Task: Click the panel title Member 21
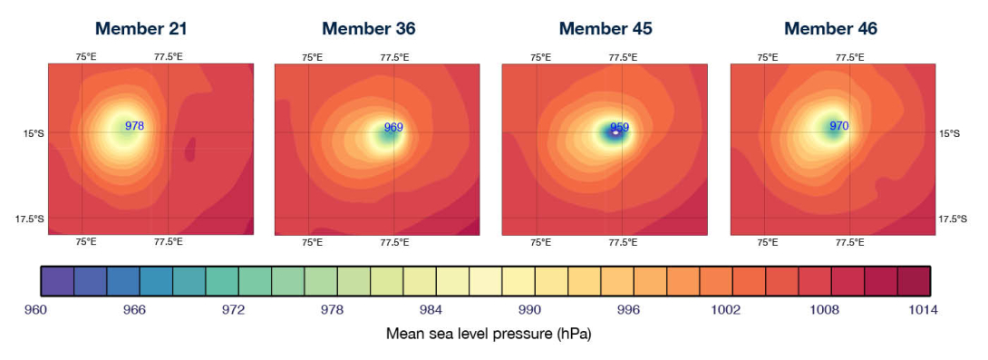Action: tap(141, 28)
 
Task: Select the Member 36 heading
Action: tap(369, 28)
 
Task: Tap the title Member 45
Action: tap(605, 28)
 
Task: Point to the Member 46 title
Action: tap(830, 28)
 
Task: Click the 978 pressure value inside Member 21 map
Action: tap(134, 126)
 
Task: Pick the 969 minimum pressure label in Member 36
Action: tap(393, 128)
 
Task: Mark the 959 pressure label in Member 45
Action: tap(619, 127)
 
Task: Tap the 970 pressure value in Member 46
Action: tap(839, 126)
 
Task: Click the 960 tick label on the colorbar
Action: tap(35, 310)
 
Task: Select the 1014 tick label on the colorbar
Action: tap(922, 310)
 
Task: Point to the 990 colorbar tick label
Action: tap(529, 310)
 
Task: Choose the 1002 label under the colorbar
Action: tap(727, 310)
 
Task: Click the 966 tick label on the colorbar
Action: tap(134, 310)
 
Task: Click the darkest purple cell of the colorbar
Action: tap(57, 282)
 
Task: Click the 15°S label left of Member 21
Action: tap(33, 133)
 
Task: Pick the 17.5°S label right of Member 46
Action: tap(953, 219)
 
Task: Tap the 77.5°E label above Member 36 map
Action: tap(395, 57)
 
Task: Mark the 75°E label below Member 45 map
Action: tap(540, 242)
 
